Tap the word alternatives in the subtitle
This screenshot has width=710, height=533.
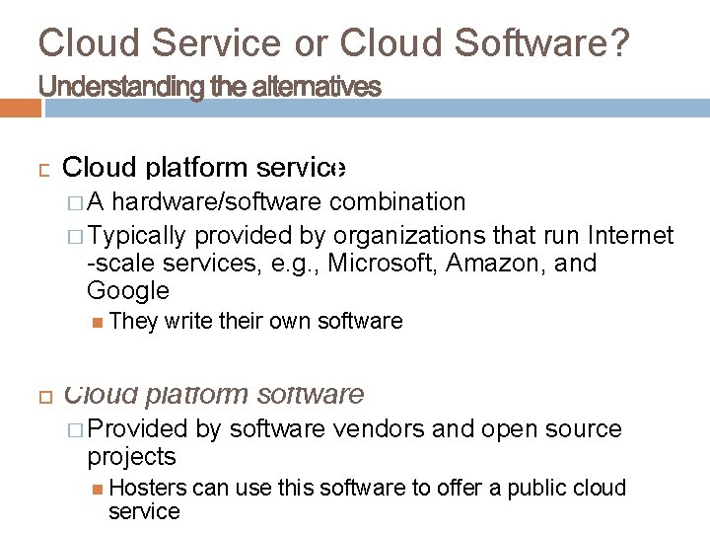point(317,87)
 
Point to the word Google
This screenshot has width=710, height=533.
point(128,291)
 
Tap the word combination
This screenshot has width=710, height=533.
point(397,202)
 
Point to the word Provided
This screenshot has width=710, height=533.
point(137,428)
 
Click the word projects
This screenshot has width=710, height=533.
point(131,457)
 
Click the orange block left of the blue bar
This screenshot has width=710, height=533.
point(21,108)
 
